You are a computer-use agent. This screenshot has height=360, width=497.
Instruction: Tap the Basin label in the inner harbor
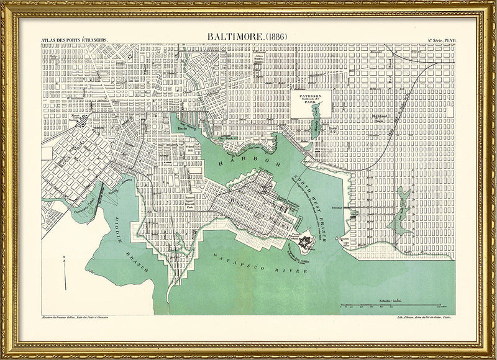[183, 128]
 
